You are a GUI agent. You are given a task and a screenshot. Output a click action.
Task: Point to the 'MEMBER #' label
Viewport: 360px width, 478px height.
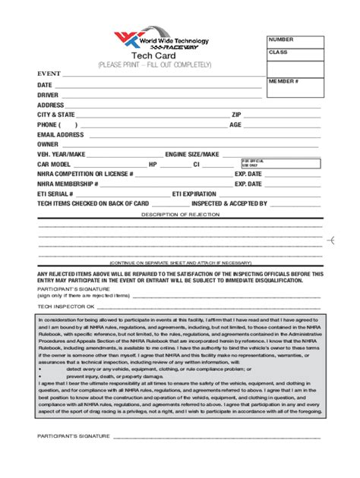[283, 80]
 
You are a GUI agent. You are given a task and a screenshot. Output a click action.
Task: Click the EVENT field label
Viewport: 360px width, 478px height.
[49, 74]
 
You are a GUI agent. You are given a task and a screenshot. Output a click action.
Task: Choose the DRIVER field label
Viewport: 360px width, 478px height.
[48, 95]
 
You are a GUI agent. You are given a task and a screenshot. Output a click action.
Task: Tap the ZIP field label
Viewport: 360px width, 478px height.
[236, 115]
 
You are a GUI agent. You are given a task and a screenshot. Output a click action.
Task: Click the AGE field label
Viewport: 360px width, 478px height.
[235, 124]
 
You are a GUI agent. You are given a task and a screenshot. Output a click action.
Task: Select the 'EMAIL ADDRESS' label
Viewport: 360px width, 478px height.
[60, 134]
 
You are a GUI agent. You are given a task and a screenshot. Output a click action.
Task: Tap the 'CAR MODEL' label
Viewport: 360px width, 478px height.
[54, 164]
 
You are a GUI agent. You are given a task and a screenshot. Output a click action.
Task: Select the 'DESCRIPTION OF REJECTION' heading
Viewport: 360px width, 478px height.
[179, 215]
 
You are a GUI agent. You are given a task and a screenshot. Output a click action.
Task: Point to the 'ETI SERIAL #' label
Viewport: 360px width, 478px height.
[55, 193]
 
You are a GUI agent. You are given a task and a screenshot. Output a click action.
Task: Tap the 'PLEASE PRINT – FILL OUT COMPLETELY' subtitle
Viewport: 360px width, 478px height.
[154, 65]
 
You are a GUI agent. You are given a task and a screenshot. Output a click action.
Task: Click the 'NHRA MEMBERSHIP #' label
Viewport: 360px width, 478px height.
[68, 184]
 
